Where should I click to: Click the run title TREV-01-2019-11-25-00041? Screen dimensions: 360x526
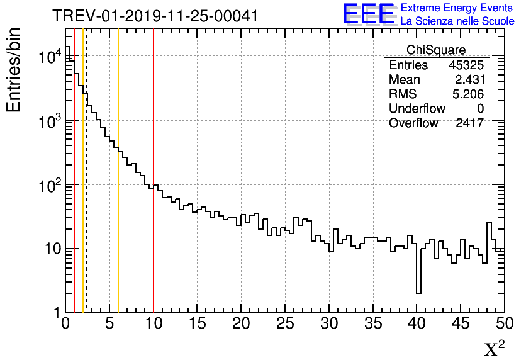pos(155,16)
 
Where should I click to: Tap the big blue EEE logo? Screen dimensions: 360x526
pos(369,14)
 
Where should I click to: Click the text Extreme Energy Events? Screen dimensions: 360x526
pos(457,8)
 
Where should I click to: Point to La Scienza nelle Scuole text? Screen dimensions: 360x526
pos(457,21)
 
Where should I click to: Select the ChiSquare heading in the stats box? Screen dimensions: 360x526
pos(436,50)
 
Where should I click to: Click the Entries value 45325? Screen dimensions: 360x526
pos(466,65)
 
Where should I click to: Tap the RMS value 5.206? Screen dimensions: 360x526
pos(469,94)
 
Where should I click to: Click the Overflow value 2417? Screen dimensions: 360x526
pos(469,123)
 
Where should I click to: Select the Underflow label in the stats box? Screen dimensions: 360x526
pos(417,109)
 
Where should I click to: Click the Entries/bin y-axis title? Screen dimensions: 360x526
pos(14,70)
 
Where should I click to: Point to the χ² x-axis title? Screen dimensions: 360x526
pos(494,348)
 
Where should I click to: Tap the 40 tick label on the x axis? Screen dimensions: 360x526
pos(417,325)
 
